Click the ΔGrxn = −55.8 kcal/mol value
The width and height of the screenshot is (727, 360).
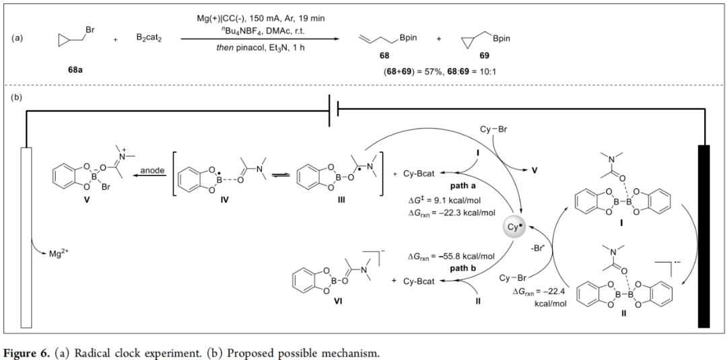(451, 256)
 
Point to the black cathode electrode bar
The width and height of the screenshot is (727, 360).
(704, 236)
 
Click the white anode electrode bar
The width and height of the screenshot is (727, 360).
(26, 236)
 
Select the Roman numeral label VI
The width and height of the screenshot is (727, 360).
(320, 302)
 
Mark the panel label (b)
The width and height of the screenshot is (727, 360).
(17, 98)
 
